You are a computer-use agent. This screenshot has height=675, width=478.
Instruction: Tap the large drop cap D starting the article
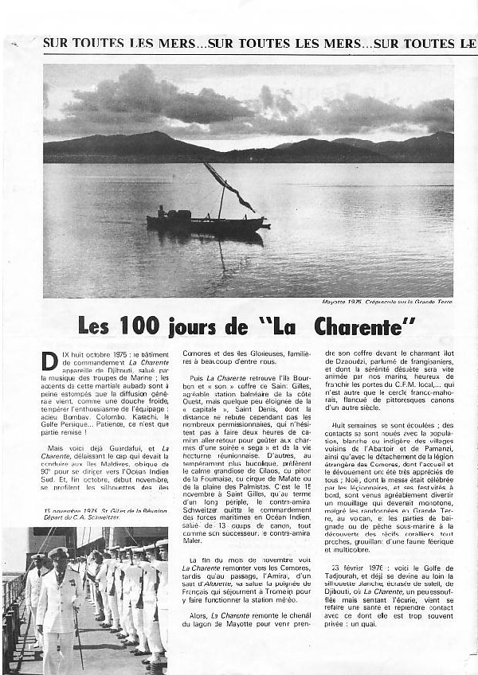click(49, 361)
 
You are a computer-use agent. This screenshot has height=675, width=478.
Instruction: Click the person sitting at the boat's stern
click(163, 213)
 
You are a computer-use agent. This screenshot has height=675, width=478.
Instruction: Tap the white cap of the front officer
click(58, 552)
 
